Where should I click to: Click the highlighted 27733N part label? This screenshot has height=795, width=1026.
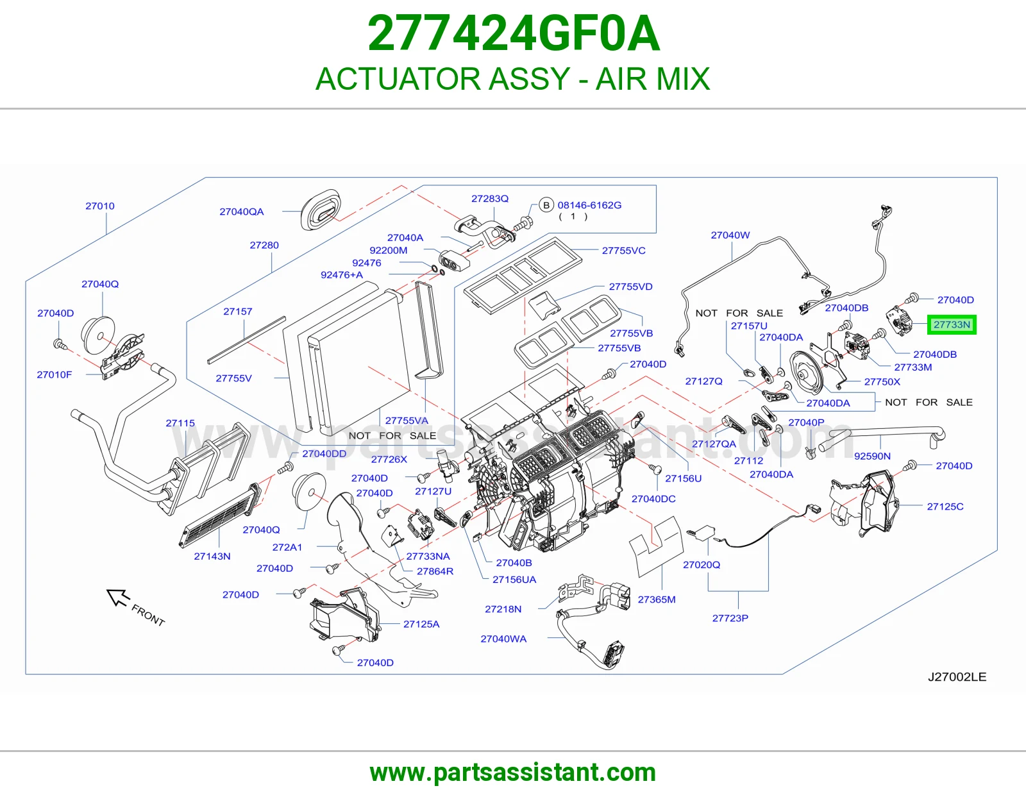[952, 325]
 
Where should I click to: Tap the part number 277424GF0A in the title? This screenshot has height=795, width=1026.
[513, 34]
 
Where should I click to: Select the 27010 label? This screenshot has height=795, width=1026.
[99, 206]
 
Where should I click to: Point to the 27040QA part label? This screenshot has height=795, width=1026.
[241, 212]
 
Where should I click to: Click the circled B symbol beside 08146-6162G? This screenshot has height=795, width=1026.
[546, 205]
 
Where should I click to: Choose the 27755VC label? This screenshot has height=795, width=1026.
[623, 251]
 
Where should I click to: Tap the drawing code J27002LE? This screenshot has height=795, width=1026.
[957, 677]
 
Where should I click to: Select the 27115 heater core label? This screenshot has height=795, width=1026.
[180, 423]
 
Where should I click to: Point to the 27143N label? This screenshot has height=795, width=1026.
[212, 556]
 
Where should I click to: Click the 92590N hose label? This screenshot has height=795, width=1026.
[872, 456]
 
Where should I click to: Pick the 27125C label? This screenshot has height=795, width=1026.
[945, 506]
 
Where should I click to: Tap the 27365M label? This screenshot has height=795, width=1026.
[656, 599]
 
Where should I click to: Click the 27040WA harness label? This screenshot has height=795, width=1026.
[503, 639]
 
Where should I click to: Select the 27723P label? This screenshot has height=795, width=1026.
[730, 618]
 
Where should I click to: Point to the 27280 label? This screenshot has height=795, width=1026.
[264, 245]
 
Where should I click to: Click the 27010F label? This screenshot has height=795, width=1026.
[55, 374]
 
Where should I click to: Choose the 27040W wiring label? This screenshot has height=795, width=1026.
[730, 235]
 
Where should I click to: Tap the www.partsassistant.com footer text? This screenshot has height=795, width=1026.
[513, 773]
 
